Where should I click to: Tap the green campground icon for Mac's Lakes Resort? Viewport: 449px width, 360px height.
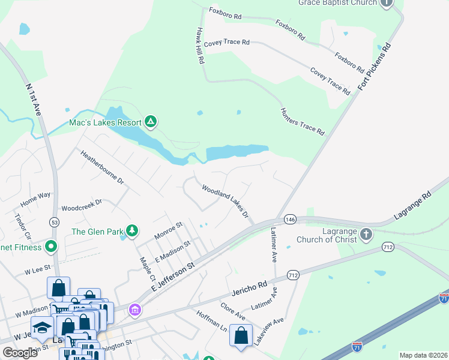(x=151, y=123)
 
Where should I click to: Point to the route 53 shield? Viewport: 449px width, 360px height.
(x=54, y=223)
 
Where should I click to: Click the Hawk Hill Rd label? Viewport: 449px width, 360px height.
(x=200, y=45)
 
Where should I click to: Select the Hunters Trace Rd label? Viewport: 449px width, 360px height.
(x=303, y=122)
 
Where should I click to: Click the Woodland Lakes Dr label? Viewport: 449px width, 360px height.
(x=225, y=202)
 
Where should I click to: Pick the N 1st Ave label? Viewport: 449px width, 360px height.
(x=33, y=100)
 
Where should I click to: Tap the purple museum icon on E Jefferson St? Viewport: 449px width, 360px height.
(x=136, y=310)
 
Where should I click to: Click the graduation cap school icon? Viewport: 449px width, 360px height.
(x=42, y=327)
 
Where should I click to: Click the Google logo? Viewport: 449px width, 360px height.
(x=19, y=353)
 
